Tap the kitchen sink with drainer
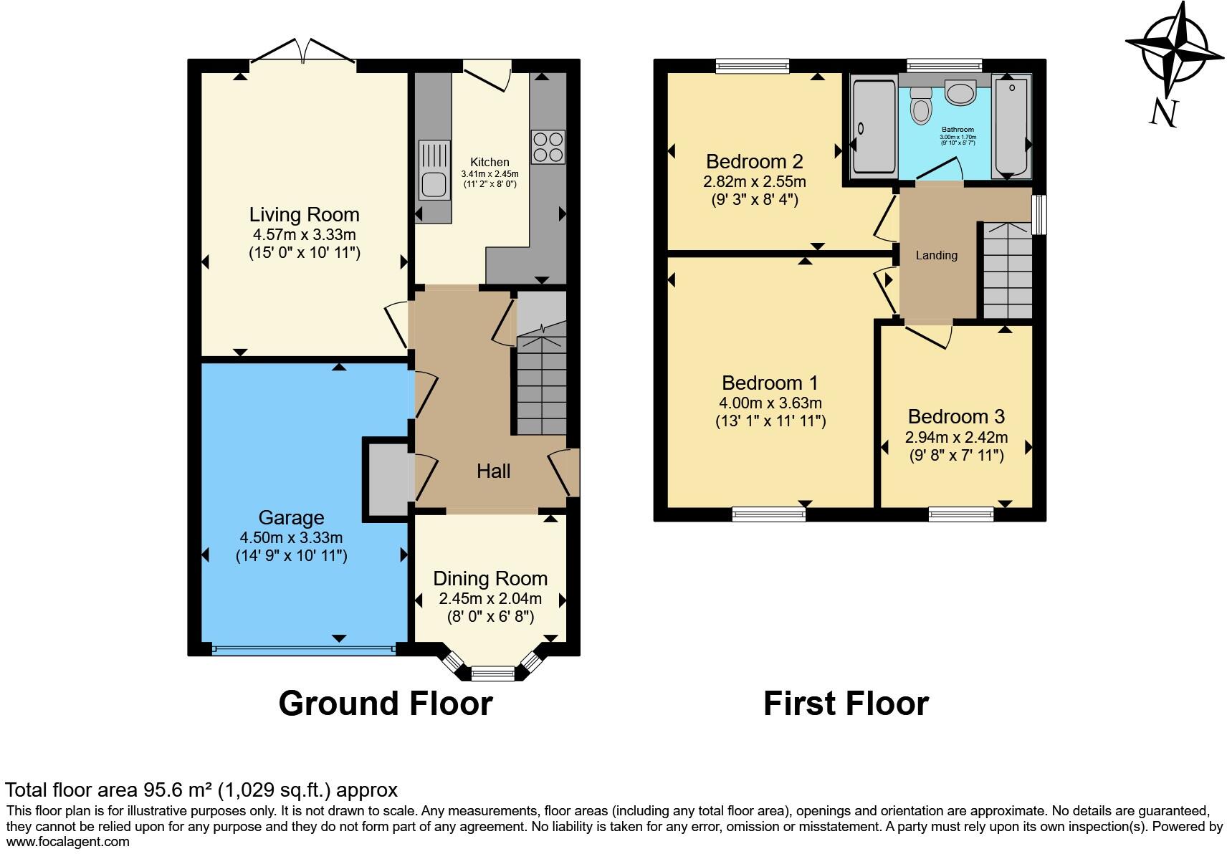[434, 171]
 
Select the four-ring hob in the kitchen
[548, 147]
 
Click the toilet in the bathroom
[920, 108]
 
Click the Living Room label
[304, 214]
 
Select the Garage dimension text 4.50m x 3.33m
[291, 537]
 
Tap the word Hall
[493, 471]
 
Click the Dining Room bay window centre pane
[493, 673]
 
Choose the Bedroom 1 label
[770, 383]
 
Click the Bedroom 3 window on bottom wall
[961, 513]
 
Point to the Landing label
[936, 255]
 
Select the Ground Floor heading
[386, 704]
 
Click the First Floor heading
[846, 704]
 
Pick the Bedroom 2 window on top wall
[752, 66]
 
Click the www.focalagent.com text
[68, 842]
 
